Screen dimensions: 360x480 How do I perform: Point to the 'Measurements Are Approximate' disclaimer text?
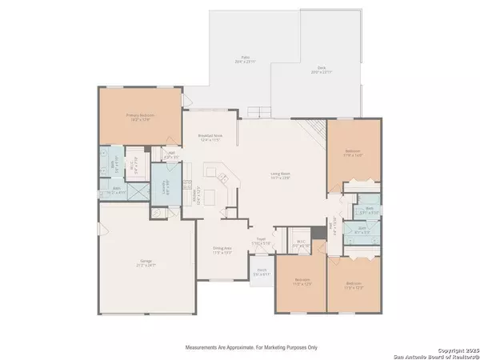(251, 348)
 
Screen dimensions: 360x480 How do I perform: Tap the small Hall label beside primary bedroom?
(171, 154)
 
